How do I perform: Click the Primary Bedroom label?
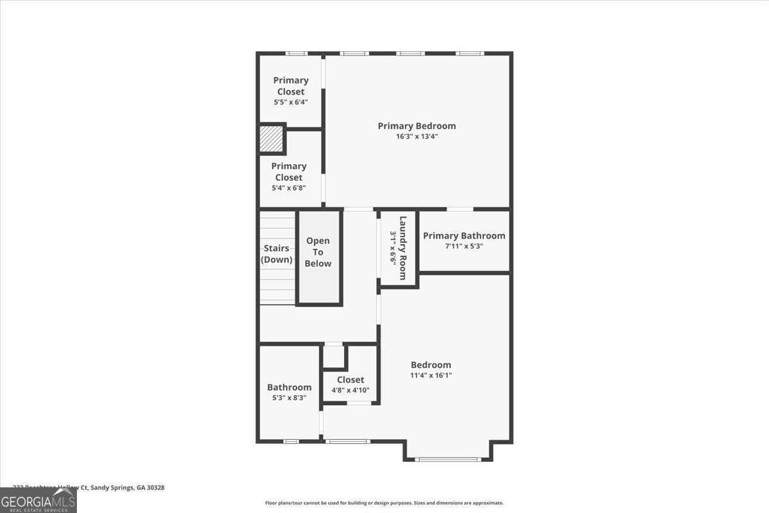[x=417, y=126]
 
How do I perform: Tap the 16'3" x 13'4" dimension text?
[x=417, y=137]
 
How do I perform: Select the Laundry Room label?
[x=403, y=248]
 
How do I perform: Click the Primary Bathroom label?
[x=464, y=236]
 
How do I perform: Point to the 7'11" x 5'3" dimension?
[x=464, y=246]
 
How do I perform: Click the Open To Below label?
[x=318, y=252]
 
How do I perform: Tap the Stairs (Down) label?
[x=277, y=254]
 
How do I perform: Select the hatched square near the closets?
[x=271, y=139]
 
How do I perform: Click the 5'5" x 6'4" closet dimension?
[x=290, y=103]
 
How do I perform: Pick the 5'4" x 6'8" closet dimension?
[x=288, y=188]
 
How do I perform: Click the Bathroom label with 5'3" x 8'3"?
[x=289, y=387]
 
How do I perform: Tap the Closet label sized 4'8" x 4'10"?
[x=350, y=380]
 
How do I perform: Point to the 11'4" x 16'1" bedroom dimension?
[x=431, y=376]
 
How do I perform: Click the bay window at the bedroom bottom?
[x=448, y=459]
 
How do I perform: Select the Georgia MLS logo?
[x=38, y=500]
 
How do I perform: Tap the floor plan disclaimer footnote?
[x=384, y=503]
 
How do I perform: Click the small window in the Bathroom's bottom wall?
[x=291, y=441]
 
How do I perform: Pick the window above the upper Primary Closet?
[x=295, y=53]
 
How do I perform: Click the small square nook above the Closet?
[x=333, y=356]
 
